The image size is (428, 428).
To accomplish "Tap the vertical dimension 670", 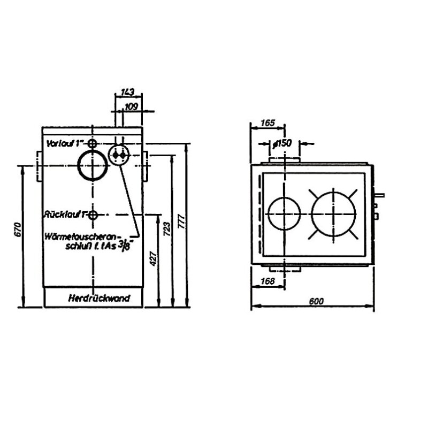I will click(x=18, y=231).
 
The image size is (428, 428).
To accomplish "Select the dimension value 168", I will click(x=267, y=281).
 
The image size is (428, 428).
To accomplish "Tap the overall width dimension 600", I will click(x=316, y=301).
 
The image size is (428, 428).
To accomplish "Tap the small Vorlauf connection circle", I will click(x=93, y=144).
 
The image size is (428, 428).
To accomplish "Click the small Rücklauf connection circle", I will click(x=93, y=215).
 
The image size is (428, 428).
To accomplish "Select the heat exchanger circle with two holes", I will click(x=119, y=155).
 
